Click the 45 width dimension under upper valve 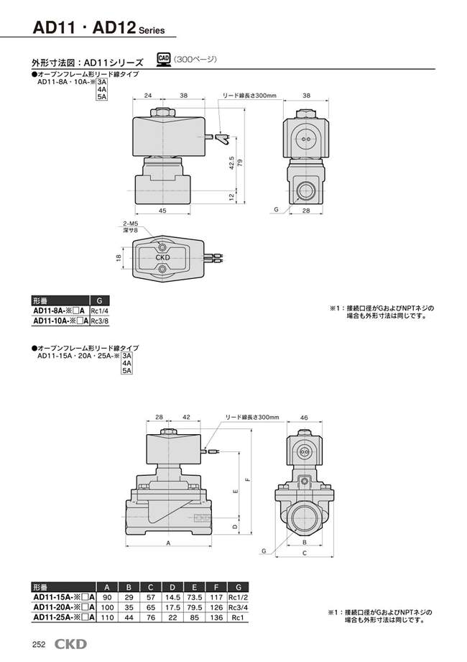(x=162, y=211)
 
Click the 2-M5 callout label (x=129, y=224)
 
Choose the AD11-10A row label (x=60, y=321)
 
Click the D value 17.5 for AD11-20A (x=173, y=607)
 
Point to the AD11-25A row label (x=60, y=617)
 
